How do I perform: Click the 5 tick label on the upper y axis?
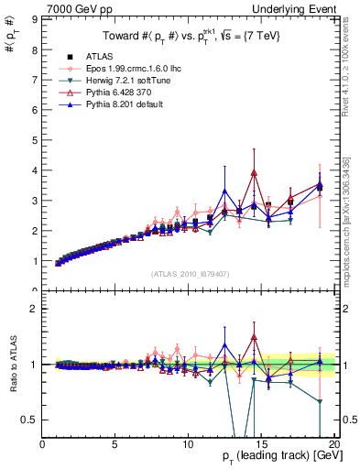click(36, 140)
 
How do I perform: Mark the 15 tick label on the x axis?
click(260, 444)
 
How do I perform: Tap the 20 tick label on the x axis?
click(333, 444)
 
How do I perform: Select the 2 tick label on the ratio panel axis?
click(36, 309)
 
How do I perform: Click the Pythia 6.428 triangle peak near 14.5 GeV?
click(254, 172)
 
